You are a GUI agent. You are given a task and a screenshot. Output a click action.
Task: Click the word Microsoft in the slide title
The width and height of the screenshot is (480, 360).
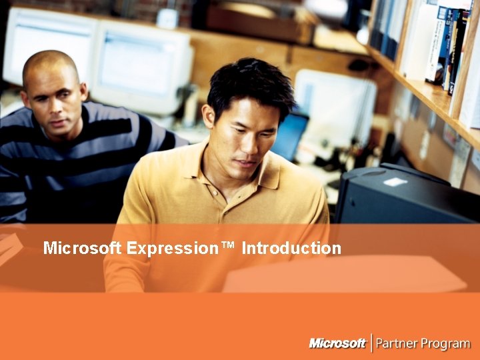tap(82, 249)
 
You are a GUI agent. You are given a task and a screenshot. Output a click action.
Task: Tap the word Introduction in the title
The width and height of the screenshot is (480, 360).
tap(291, 249)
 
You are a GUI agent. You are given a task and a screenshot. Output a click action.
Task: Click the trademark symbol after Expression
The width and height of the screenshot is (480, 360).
tap(229, 247)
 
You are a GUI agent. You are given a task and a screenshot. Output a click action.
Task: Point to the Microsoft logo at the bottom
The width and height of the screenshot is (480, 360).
tap(337, 343)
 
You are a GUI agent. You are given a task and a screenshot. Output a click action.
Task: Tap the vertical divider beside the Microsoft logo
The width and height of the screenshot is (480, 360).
tap(371, 343)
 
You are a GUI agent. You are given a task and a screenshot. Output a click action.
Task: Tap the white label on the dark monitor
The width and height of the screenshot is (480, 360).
tap(395, 181)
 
